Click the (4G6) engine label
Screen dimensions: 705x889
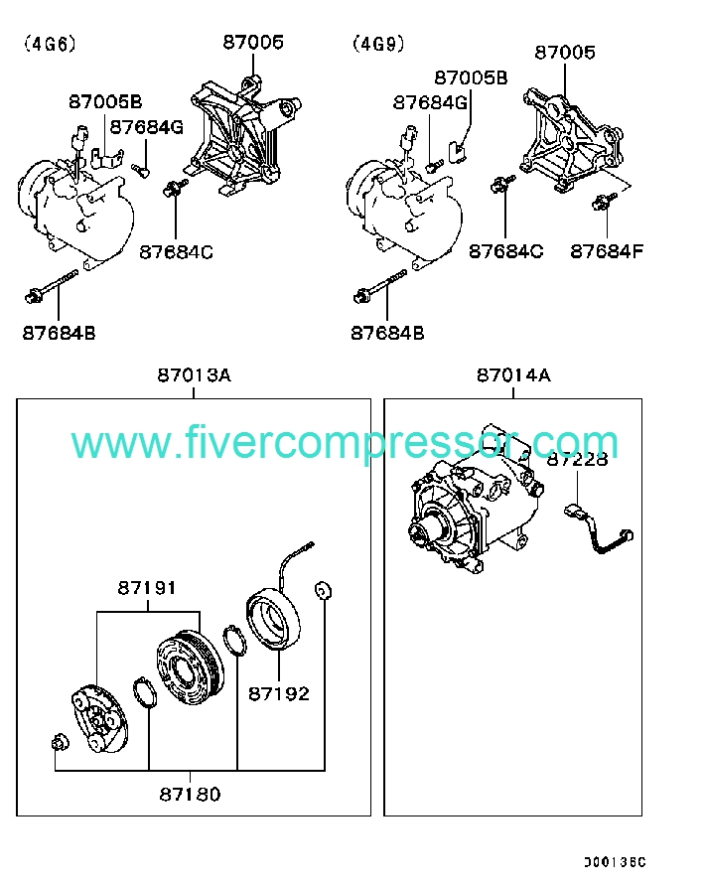point(50,44)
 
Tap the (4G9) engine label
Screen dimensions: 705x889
point(378,44)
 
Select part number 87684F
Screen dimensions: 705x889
point(607,251)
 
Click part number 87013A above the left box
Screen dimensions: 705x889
point(195,375)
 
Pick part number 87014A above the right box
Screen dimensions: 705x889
point(513,375)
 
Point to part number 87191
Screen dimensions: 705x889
point(147,588)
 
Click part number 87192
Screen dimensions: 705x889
point(279,693)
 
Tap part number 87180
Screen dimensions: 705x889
point(190,795)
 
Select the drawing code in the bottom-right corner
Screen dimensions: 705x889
point(615,862)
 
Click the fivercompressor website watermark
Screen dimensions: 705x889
point(345,443)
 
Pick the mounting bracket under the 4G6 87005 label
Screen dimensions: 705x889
point(242,137)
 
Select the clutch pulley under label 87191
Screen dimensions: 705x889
point(190,667)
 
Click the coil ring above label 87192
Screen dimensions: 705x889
point(274,618)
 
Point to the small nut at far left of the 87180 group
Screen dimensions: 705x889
point(60,742)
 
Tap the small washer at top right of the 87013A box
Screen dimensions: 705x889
point(323,591)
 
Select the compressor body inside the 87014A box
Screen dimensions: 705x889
point(476,499)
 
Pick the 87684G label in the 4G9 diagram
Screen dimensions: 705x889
point(430,102)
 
